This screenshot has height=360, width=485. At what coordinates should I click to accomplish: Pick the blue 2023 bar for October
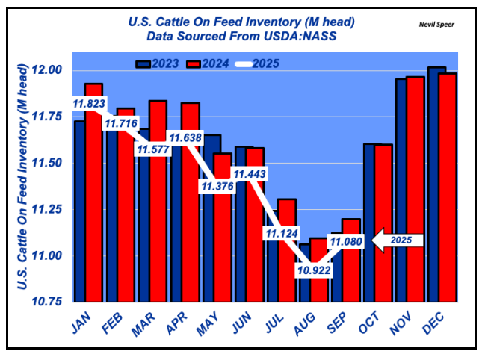pos(368,224)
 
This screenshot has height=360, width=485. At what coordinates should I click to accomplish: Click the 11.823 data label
pos(89,104)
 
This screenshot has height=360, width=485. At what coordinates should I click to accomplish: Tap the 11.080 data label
pos(345,242)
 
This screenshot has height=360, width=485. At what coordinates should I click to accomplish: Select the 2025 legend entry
pos(256,63)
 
